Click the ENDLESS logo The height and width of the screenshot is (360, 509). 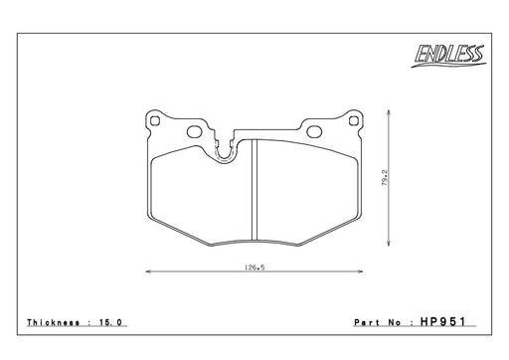point(448,56)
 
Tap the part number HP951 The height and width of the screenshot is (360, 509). point(443,322)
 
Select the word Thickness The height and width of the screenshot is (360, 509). point(54,322)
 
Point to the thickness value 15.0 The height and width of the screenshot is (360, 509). point(111,322)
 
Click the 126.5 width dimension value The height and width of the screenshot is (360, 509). point(254,268)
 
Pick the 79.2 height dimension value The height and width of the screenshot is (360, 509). point(385,177)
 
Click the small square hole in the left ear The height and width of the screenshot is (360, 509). point(155,120)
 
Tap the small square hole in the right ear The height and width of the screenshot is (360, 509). point(354,121)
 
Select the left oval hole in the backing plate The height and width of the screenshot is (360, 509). point(195,131)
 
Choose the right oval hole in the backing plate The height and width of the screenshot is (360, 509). point(314,131)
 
